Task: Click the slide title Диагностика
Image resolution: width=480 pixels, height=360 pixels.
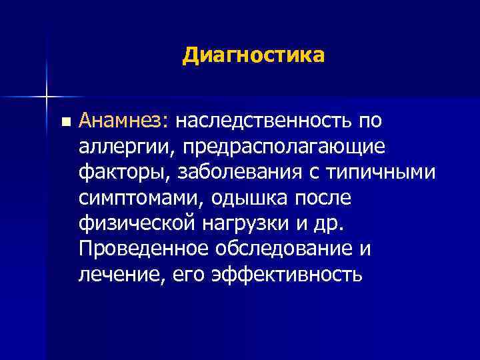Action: [253, 55]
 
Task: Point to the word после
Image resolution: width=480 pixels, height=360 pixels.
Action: [329, 197]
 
